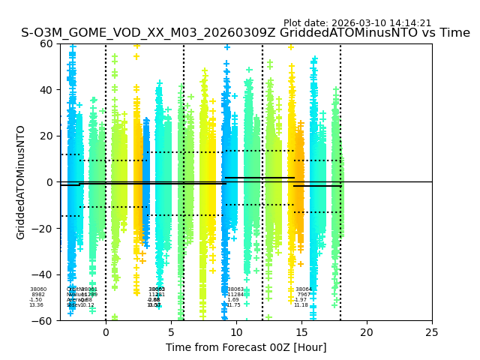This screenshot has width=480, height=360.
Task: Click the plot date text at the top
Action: tap(357, 23)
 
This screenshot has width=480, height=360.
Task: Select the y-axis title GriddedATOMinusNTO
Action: tap(21, 182)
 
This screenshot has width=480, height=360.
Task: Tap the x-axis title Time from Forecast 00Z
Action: tap(246, 347)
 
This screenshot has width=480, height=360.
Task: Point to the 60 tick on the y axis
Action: tap(46, 43)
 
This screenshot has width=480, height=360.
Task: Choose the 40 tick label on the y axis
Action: tap(46, 90)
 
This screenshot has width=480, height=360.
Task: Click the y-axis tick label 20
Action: tap(46, 136)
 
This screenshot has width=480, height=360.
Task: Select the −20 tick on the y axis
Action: tap(43, 228)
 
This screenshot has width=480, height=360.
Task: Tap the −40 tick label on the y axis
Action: tap(43, 274)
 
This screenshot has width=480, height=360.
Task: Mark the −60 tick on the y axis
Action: tap(43, 320)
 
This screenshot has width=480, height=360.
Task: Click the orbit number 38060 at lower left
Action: tap(38, 289)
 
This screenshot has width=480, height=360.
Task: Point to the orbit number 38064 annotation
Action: tap(304, 289)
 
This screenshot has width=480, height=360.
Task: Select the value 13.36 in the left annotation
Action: tap(36, 305)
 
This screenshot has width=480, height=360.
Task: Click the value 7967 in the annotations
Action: tap(303, 295)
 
